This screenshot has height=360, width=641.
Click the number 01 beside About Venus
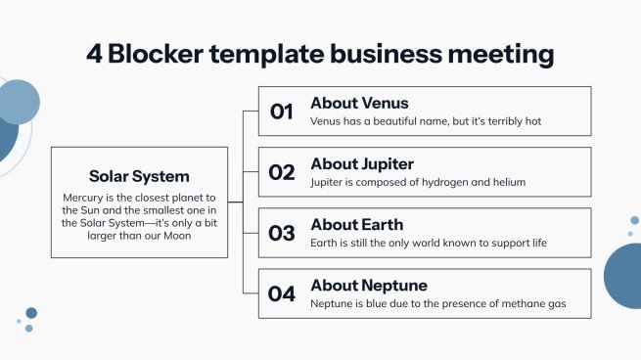(x=282, y=112)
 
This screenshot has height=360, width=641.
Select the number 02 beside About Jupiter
(x=282, y=172)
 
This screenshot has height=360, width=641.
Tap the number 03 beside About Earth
(x=282, y=233)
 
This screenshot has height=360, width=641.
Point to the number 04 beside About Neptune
(x=282, y=293)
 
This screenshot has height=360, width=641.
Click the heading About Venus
(x=359, y=103)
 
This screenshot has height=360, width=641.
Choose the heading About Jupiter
(x=362, y=163)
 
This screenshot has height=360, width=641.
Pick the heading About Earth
(x=356, y=224)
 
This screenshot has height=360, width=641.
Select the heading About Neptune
(x=368, y=285)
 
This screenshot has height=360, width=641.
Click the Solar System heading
(x=139, y=177)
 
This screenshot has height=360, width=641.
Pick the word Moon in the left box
(x=177, y=235)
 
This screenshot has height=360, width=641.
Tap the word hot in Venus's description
(x=532, y=121)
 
